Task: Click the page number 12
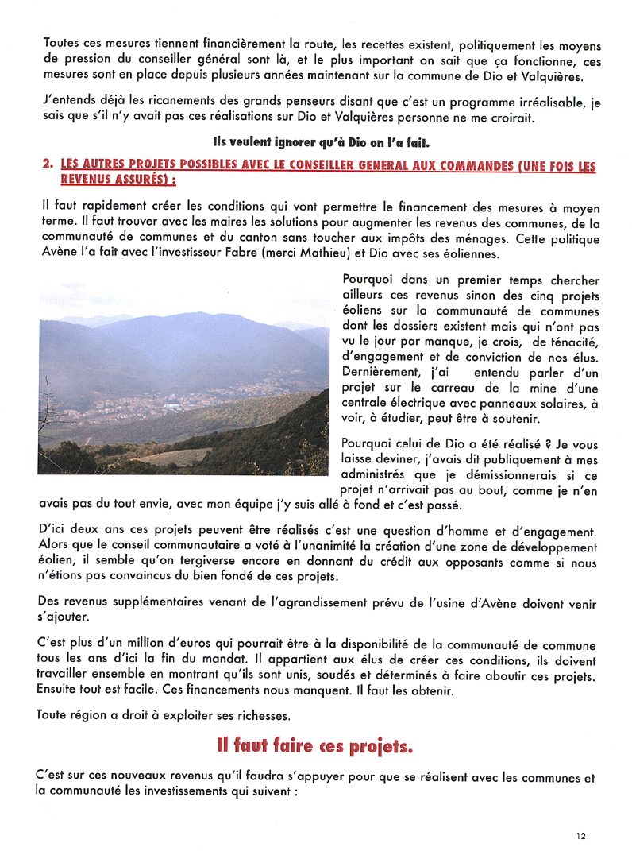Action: [x=581, y=836]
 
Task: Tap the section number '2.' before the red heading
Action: [x=47, y=165]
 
